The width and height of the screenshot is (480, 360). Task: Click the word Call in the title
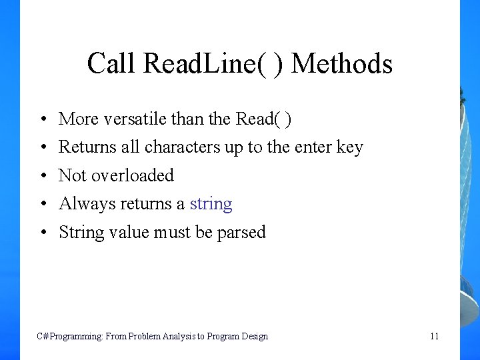coord(111,64)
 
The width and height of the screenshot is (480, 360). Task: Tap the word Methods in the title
coord(342,64)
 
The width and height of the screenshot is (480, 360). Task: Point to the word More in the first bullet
coord(75,119)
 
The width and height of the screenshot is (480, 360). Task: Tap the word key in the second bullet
coord(350,147)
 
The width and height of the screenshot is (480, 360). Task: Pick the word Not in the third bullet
coord(73,175)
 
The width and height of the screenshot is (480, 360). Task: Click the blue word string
coord(211,204)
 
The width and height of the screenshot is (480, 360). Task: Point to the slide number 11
coord(434,336)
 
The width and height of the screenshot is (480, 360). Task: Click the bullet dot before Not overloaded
coord(42,176)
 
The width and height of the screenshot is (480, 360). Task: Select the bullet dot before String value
coord(42,233)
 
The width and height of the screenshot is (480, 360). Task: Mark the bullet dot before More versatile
coord(42,120)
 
